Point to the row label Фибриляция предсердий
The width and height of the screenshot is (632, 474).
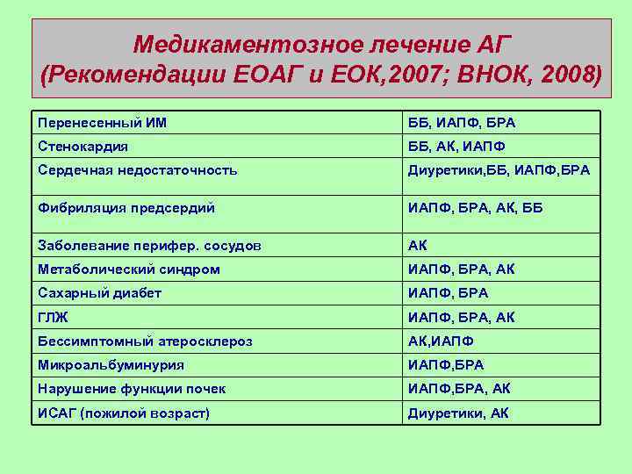(x=126, y=208)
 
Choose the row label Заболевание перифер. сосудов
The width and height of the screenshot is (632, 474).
(x=149, y=246)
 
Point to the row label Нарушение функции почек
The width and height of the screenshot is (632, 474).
(x=132, y=388)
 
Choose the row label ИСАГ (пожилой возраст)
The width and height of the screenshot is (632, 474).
(x=124, y=413)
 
